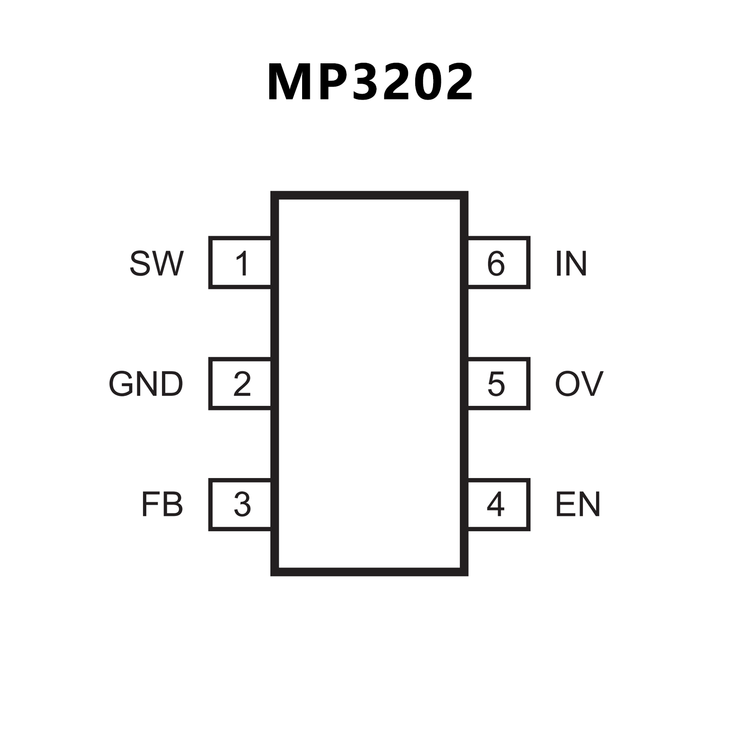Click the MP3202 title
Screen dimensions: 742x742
[x=370, y=82]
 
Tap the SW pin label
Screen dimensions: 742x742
[x=157, y=263]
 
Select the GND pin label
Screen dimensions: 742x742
[x=146, y=384]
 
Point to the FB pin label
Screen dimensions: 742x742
[x=162, y=505]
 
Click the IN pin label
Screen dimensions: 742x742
[x=571, y=263]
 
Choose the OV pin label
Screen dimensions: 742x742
[x=579, y=384]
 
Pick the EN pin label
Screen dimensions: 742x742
[x=578, y=505]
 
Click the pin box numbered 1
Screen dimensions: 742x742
[x=240, y=263]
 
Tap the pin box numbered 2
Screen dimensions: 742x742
[x=240, y=384]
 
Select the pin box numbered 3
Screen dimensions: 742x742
[x=240, y=505]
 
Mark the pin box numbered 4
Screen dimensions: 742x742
[x=498, y=505]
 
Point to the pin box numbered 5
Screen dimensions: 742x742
[x=498, y=384]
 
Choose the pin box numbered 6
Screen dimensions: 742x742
[x=498, y=263]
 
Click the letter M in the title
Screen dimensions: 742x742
[x=291, y=82]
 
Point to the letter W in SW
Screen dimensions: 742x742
[x=168, y=263]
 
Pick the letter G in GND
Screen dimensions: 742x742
[x=121, y=384]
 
